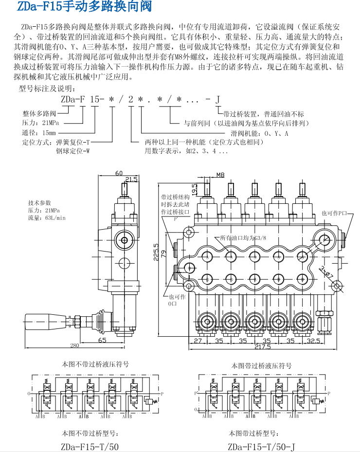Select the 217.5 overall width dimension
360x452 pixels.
pyautogui.click(x=262, y=347)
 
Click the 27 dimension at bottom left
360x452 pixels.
pyautogui.click(x=198, y=341)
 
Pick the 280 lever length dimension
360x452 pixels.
pyautogui.click(x=74, y=345)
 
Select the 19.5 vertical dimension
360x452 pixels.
pyautogui.click(x=194, y=189)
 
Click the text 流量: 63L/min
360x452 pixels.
pyautogui.click(x=47, y=218)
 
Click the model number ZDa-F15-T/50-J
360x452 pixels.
pyautogui.click(x=261, y=446)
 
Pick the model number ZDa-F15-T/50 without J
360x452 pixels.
pyautogui.click(x=90, y=446)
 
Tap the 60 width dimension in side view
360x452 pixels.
pyautogui.click(x=119, y=173)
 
